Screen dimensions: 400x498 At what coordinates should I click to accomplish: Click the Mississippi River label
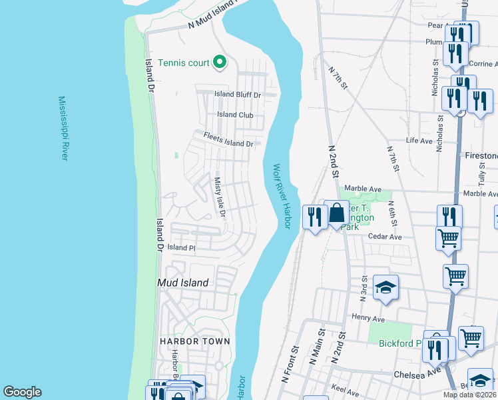click(x=63, y=128)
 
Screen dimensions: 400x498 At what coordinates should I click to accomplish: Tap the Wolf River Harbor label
click(x=281, y=197)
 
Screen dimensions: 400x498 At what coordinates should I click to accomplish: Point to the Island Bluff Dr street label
click(x=238, y=95)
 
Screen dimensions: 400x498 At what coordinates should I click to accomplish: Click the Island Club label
click(x=235, y=115)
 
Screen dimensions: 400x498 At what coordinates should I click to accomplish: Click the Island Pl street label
click(x=180, y=247)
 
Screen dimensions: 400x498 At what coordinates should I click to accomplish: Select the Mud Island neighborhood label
click(x=182, y=283)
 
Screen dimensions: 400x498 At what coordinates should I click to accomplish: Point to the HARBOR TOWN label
click(x=194, y=341)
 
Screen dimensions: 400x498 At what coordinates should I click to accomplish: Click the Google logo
click(x=22, y=392)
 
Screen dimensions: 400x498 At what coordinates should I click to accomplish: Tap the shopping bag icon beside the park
click(x=337, y=213)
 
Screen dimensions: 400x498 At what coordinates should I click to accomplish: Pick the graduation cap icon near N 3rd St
click(x=385, y=287)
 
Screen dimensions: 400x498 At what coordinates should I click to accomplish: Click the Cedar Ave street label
click(x=386, y=237)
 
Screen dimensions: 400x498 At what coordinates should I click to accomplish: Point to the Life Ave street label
click(x=419, y=141)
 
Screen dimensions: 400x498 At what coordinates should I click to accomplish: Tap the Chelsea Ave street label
click(x=417, y=374)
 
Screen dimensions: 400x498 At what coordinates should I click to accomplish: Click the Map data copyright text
click(x=469, y=395)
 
